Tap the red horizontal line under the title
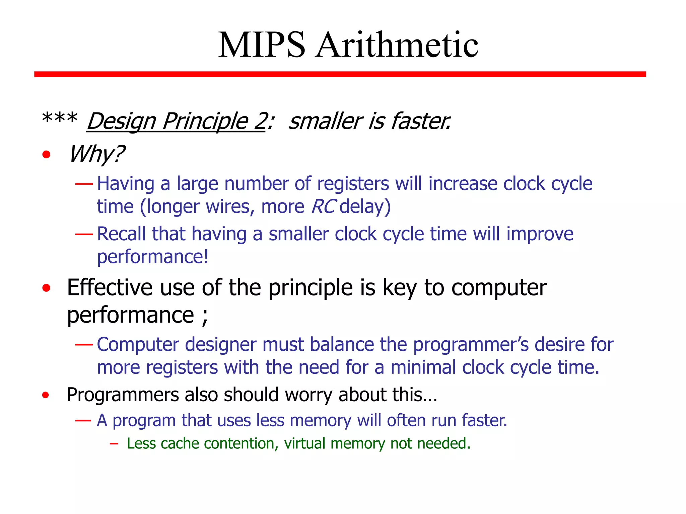click(x=340, y=74)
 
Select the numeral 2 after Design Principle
click(x=260, y=121)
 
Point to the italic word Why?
click(x=96, y=154)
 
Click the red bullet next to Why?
click(x=46, y=155)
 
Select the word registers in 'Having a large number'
click(x=353, y=184)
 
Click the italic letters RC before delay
click(x=323, y=206)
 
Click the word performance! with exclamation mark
click(x=153, y=257)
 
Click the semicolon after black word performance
click(x=205, y=317)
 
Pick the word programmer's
click(x=471, y=345)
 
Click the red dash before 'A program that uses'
click(x=83, y=420)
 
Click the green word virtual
click(x=304, y=444)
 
